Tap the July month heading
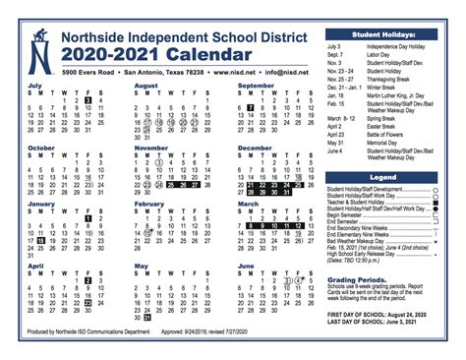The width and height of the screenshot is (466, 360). coord(34,86)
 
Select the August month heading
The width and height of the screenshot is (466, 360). coord(146,86)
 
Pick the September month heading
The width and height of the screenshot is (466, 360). coord(258,86)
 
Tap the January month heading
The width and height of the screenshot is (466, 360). coord(40,206)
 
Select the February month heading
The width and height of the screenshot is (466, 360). coord(149,206)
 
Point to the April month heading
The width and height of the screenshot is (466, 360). coord(35,266)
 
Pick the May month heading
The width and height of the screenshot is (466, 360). coord(141,266)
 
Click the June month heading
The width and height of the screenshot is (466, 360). coord(246,266)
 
